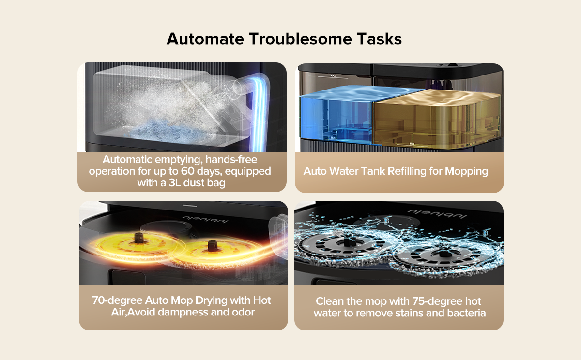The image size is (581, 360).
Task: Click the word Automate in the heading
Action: point(205,39)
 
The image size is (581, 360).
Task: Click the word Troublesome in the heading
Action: point(300,39)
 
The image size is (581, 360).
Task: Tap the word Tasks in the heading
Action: point(379,39)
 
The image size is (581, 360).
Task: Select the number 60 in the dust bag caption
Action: point(188,171)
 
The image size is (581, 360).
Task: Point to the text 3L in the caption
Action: point(175,183)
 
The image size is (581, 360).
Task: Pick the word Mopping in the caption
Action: point(466,172)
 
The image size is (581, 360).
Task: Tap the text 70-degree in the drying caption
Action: point(117,300)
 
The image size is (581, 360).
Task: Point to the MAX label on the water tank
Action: point(333,75)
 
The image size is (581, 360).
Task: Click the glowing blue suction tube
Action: point(260,111)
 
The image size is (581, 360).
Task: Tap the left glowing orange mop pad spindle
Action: point(138,238)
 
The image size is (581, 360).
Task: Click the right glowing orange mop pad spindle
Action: point(213,246)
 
